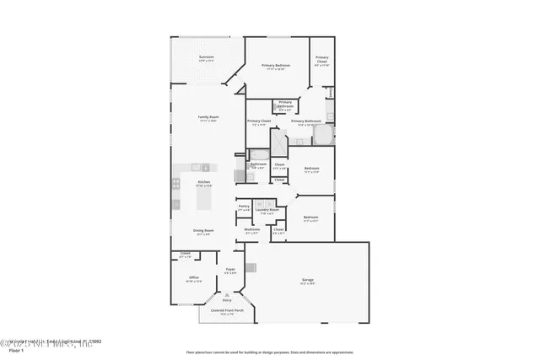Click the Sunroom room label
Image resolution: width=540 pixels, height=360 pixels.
pyautogui.click(x=194, y=57)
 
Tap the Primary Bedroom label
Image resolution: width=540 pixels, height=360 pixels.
pyautogui.click(x=275, y=65)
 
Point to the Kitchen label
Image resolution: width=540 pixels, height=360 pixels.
pyautogui.click(x=203, y=182)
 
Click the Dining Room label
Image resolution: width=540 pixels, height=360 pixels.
pyautogui.click(x=203, y=230)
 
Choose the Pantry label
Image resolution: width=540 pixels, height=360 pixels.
pyautogui.click(x=244, y=206)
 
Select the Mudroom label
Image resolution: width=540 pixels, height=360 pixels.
pyautogui.click(x=252, y=228)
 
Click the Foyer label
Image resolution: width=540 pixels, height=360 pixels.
pyautogui.click(x=229, y=270)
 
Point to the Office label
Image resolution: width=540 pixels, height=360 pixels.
pyautogui.click(x=193, y=278)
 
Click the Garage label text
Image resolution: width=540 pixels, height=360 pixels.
pyautogui.click(x=308, y=279)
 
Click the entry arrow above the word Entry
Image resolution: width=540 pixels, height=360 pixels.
pyautogui.click(x=226, y=294)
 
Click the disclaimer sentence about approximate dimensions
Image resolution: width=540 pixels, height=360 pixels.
pyautogui.click(x=270, y=352)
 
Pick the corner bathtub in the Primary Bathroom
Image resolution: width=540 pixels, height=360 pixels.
pyautogui.click(x=327, y=136)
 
